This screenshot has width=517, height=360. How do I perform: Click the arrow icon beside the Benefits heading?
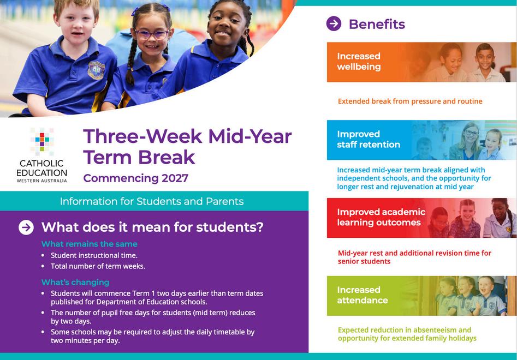(x=334, y=23)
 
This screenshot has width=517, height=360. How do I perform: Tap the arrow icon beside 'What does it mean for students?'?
(x=26, y=227)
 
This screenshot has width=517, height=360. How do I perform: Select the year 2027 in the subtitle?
(x=175, y=178)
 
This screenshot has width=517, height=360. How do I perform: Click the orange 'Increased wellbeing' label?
(x=359, y=61)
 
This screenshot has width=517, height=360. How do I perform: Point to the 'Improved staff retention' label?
(x=369, y=139)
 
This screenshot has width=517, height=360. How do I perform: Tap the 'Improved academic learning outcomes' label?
(x=381, y=217)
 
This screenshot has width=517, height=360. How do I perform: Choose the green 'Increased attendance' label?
(x=363, y=295)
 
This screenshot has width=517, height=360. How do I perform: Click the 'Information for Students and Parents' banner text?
(x=152, y=201)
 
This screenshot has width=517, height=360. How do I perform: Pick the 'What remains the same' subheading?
(x=90, y=244)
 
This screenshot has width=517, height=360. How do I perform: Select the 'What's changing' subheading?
(x=75, y=282)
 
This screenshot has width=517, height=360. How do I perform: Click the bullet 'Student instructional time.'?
(x=94, y=255)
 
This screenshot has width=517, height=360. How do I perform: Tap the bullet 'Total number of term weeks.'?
(x=98, y=266)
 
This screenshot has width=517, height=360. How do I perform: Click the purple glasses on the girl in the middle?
(x=152, y=34)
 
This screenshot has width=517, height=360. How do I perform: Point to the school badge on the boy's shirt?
(x=96, y=70)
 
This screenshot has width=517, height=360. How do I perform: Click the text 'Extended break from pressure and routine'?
(x=410, y=101)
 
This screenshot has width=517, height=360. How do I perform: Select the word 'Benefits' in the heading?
(x=377, y=24)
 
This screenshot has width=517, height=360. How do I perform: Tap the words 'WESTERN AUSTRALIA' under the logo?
(x=42, y=181)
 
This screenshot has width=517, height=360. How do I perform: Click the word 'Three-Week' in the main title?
(x=143, y=136)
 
